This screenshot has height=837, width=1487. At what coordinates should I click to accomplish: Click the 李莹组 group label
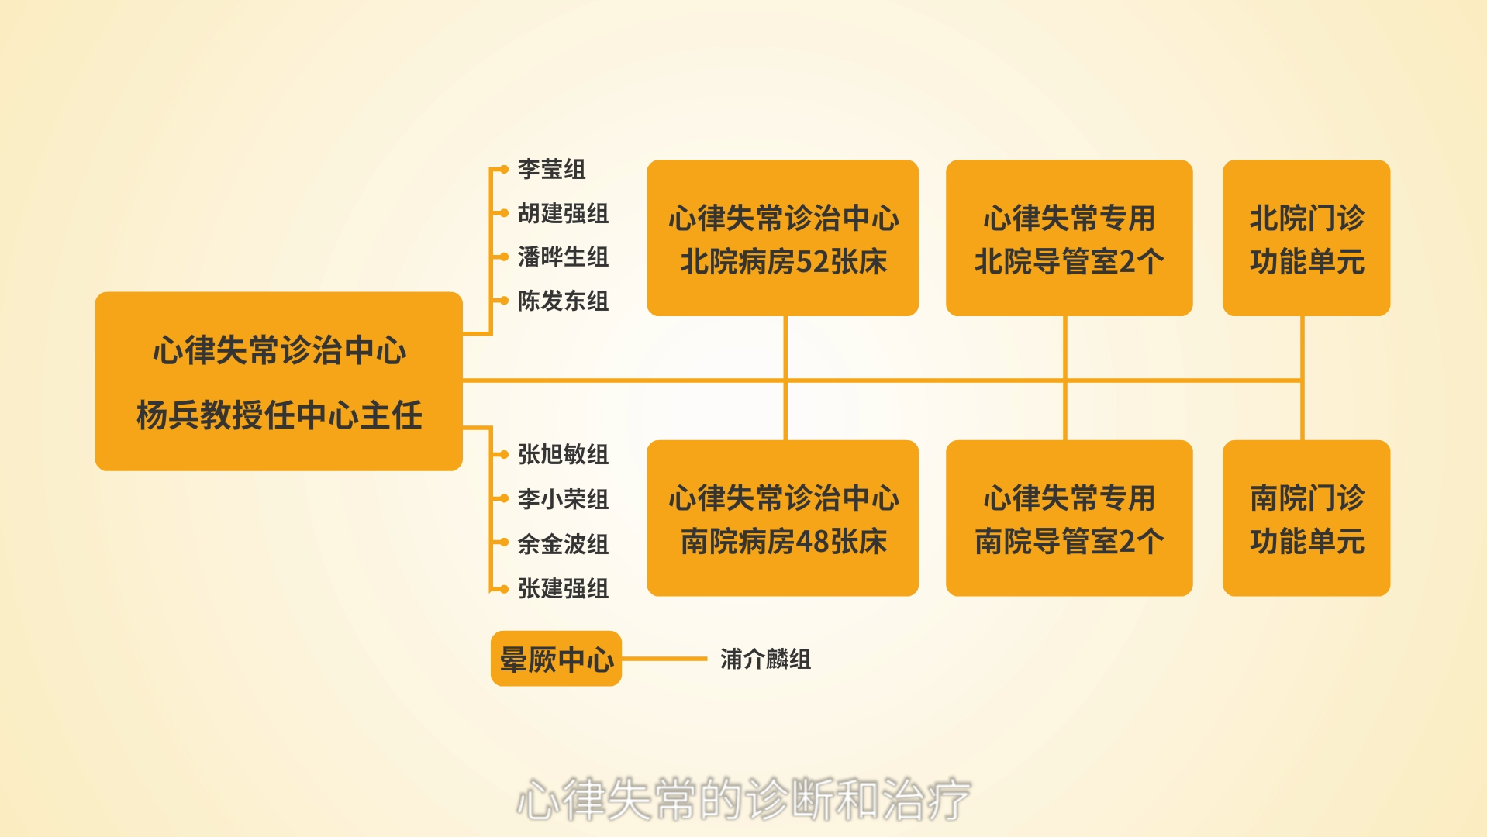551,169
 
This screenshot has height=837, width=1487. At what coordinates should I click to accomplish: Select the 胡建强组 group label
563,213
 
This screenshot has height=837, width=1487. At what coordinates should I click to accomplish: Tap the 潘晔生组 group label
563,257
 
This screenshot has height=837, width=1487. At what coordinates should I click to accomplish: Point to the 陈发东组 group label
563,301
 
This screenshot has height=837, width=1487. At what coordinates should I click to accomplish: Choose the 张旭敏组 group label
563,454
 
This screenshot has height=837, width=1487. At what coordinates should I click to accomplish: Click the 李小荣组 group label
563,499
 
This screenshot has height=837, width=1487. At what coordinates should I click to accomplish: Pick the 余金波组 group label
563,544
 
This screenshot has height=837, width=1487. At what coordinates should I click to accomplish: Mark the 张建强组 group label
563,589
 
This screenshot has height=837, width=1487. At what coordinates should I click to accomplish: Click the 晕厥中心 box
556,659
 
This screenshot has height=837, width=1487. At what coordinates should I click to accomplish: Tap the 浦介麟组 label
765,659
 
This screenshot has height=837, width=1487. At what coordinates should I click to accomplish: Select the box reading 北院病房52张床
782,238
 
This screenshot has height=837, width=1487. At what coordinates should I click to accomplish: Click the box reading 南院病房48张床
782,518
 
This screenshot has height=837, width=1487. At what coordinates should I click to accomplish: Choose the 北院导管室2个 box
1069,238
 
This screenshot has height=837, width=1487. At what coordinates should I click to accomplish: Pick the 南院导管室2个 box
1069,518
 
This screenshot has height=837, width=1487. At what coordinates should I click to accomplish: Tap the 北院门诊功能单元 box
1306,238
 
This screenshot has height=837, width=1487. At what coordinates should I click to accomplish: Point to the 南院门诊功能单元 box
1306,518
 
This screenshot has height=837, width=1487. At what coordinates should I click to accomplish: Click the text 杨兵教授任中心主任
279,415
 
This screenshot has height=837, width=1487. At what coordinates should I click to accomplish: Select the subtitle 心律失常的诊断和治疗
743,799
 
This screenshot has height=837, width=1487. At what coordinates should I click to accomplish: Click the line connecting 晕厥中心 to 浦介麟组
664,659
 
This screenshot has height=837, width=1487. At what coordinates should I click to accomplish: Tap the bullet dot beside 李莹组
503,169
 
